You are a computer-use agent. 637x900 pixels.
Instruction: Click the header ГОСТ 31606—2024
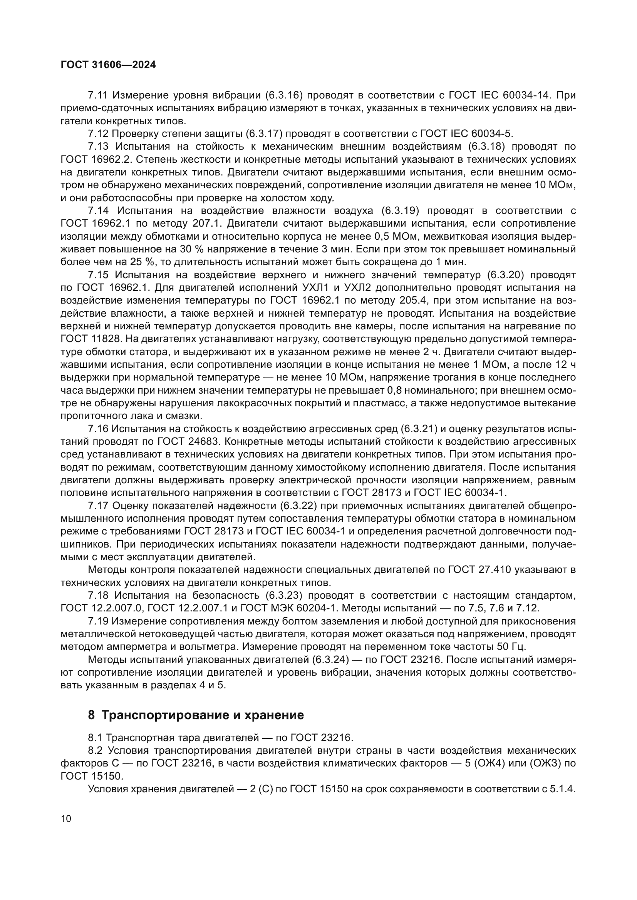(108, 65)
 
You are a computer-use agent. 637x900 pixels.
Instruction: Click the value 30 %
(192, 249)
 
